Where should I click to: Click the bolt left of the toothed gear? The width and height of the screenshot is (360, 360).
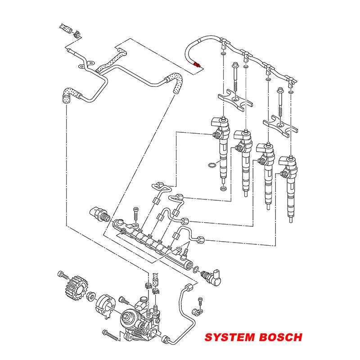[x=62, y=274]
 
